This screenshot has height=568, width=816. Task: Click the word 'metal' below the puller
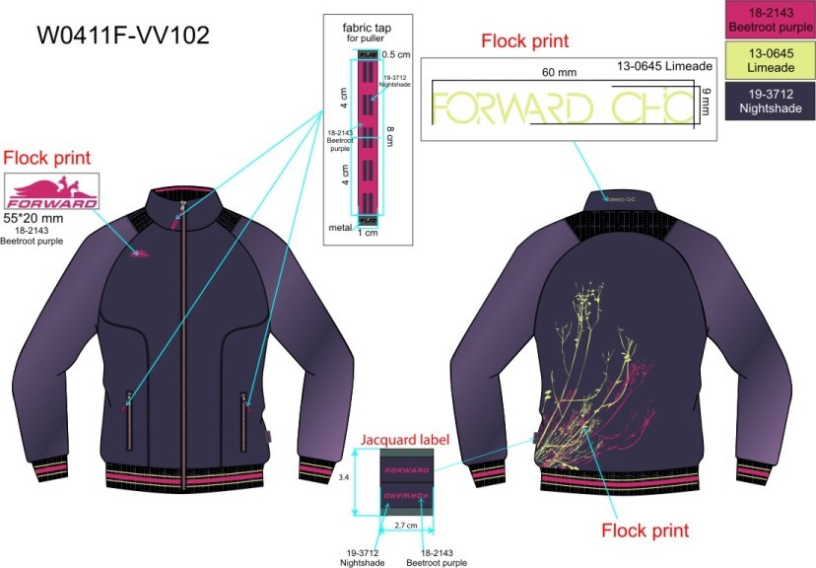point(340,227)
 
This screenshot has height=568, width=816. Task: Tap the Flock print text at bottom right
point(645,530)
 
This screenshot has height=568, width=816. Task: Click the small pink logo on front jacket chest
point(140,251)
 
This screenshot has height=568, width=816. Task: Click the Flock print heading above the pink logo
point(46,158)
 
